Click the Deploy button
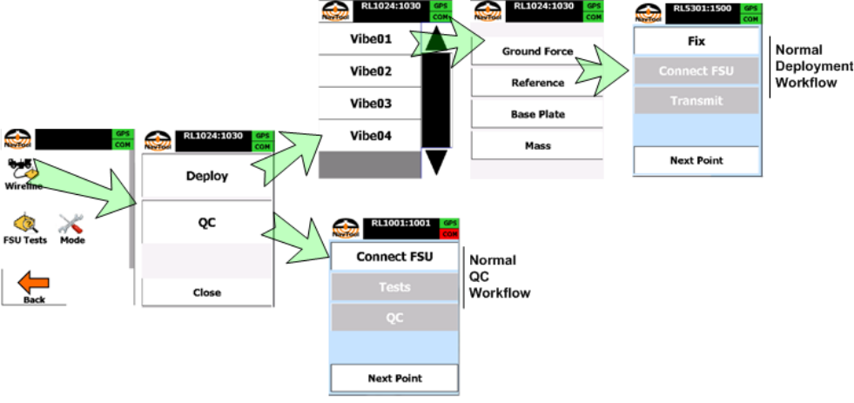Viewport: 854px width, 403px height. pyautogui.click(x=207, y=176)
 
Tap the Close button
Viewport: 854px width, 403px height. pyautogui.click(x=207, y=292)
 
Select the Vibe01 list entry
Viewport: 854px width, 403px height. pyautogui.click(x=370, y=39)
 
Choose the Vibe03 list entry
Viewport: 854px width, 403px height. pyautogui.click(x=370, y=104)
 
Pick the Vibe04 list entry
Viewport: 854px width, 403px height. pyautogui.click(x=370, y=136)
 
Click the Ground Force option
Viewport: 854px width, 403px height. pyautogui.click(x=537, y=51)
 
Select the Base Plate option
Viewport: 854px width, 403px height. pyautogui.click(x=537, y=114)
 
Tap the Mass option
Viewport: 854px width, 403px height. pyautogui.click(x=537, y=145)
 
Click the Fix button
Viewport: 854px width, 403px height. pyautogui.click(x=696, y=41)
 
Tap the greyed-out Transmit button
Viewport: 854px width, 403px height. pyautogui.click(x=696, y=101)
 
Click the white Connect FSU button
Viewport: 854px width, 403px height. pyautogui.click(x=394, y=257)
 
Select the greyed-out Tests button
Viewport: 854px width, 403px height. pyautogui.click(x=394, y=287)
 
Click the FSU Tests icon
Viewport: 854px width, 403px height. pyautogui.click(x=24, y=229)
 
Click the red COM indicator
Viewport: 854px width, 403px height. pyautogui.click(x=449, y=234)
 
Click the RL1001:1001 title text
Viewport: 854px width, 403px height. pyautogui.click(x=400, y=224)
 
